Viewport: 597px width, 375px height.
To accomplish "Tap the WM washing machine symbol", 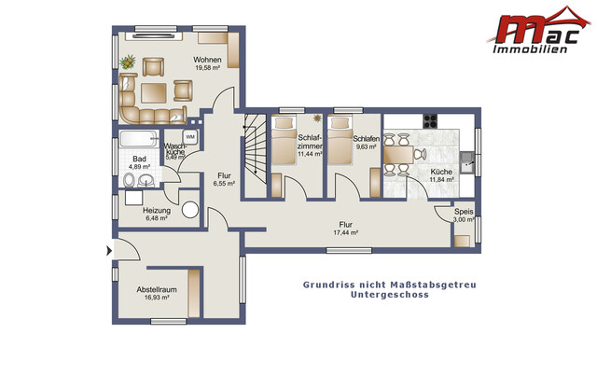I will [x=189, y=135].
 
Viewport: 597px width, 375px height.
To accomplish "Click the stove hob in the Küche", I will [x=432, y=120].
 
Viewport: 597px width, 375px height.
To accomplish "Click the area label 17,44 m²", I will [x=346, y=232].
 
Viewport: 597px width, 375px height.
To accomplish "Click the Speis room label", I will [x=464, y=212].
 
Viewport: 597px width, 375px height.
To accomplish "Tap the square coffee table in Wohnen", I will [x=156, y=90].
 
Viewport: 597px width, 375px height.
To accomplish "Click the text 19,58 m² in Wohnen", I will [x=208, y=68].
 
